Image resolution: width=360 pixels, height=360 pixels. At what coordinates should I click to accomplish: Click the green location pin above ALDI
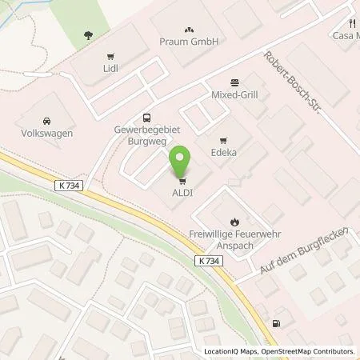click(x=182, y=164)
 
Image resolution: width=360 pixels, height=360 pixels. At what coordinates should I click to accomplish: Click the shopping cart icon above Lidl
click(x=110, y=57)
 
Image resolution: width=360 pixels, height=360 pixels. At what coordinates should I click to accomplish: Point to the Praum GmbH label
click(x=188, y=41)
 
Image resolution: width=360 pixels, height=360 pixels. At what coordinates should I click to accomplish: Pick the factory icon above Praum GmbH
click(x=188, y=27)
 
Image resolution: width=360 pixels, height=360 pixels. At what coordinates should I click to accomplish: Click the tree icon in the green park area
click(x=87, y=34)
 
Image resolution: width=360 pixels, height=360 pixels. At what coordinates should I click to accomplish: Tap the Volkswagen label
click(x=45, y=134)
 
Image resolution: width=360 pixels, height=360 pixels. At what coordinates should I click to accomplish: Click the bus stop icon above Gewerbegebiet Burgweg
click(x=146, y=118)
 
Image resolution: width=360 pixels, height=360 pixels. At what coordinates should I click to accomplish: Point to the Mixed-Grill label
click(x=234, y=94)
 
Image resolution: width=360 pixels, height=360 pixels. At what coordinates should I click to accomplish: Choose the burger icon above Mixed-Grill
click(x=234, y=82)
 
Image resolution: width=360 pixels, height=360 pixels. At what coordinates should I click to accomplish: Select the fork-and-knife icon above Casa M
click(x=351, y=23)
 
